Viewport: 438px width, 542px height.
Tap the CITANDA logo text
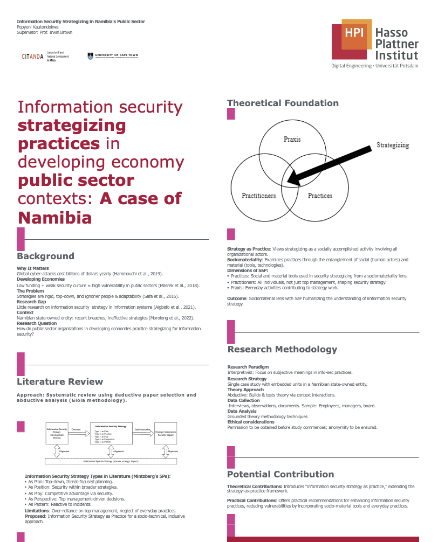(32, 56)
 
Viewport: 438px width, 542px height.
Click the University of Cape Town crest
(90, 56)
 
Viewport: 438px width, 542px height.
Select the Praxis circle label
(292, 140)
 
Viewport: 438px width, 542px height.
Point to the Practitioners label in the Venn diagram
(258, 196)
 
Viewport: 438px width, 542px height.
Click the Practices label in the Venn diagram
(320, 196)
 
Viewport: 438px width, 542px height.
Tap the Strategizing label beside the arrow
(392, 145)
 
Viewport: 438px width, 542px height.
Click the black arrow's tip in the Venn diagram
(290, 182)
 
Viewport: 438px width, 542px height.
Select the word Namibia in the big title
(54, 218)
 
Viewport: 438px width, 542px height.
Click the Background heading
(45, 256)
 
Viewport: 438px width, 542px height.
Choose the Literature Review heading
(60, 381)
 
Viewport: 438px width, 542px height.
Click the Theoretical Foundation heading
(283, 103)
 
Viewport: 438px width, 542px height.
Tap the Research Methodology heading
(282, 349)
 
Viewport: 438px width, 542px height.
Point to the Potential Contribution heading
(280, 474)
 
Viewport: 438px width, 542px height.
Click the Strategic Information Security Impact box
(166, 433)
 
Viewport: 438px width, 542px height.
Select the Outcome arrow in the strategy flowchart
(79, 432)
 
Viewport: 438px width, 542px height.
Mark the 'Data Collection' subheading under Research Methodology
(243, 400)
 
